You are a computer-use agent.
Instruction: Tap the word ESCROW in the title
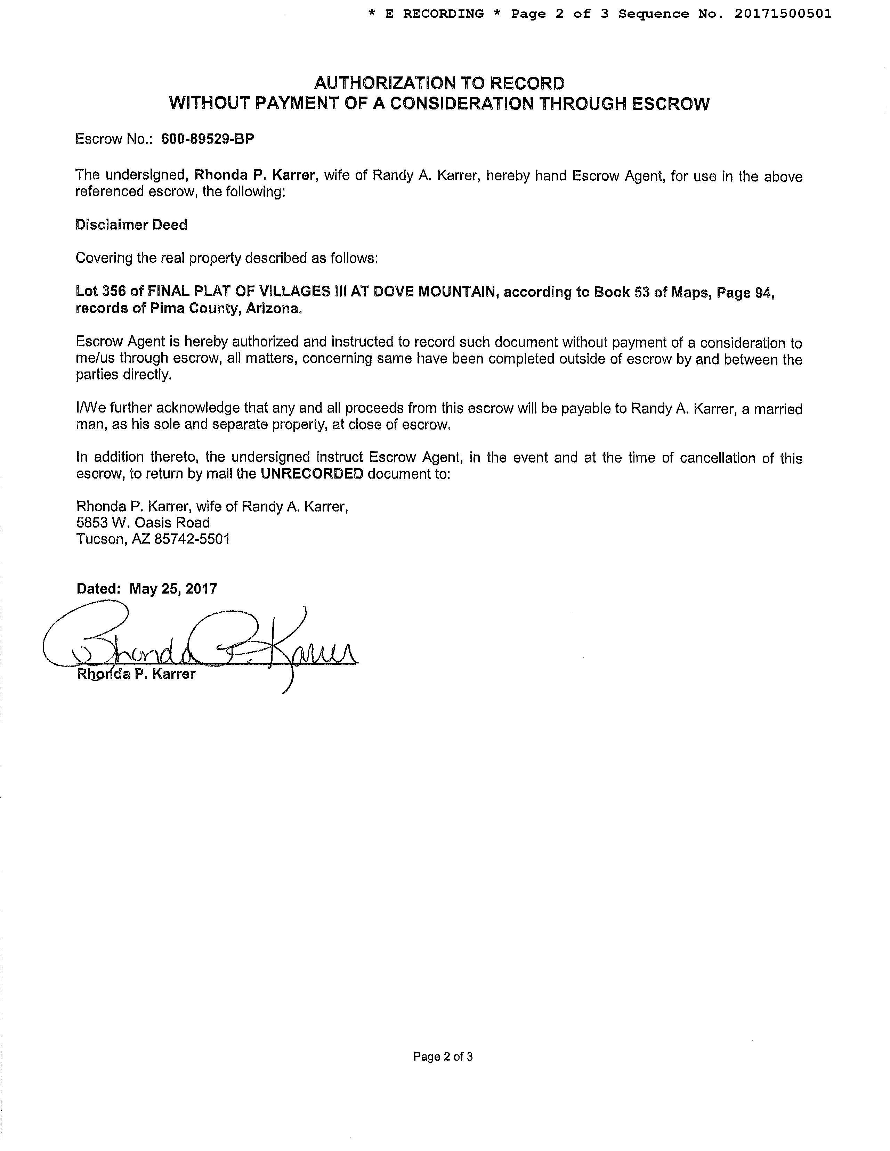tap(670, 104)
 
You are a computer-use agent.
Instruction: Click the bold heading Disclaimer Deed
tap(131, 225)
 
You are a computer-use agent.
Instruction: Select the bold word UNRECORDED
tap(311, 474)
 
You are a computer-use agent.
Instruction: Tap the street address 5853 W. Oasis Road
tap(143, 523)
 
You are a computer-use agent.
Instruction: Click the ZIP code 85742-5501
tap(192, 539)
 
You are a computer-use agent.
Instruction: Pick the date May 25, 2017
tap(173, 589)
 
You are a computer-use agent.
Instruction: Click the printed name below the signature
tap(136, 675)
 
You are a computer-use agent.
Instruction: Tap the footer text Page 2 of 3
tap(443, 1056)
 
